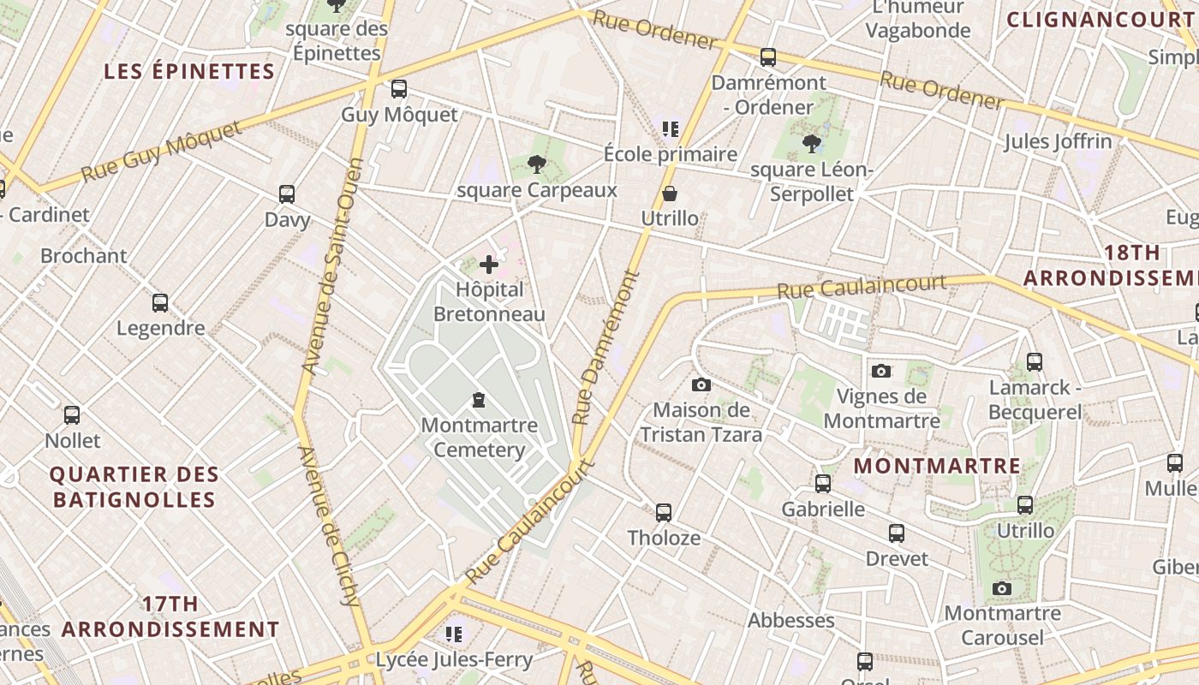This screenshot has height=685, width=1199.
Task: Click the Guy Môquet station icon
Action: [x=398, y=88]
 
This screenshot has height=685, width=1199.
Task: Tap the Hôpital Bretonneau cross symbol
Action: [x=489, y=265]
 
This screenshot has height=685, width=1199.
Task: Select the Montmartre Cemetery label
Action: [x=480, y=438]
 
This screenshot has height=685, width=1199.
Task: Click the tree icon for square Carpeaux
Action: [x=537, y=164]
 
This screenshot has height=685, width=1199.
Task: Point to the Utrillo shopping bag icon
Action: [x=670, y=194]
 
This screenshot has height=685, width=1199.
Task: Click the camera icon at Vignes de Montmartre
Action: [x=881, y=371]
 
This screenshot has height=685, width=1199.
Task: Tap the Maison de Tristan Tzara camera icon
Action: [x=701, y=384]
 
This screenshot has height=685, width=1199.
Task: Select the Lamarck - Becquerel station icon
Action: [x=1035, y=361]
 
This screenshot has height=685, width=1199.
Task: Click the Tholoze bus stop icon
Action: [x=664, y=513]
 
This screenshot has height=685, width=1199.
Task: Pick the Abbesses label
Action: [x=790, y=620]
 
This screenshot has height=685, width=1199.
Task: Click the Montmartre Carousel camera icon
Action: [x=1002, y=588]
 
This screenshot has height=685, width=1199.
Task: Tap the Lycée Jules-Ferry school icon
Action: [x=454, y=634]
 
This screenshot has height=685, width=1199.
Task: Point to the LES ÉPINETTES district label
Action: [x=189, y=71]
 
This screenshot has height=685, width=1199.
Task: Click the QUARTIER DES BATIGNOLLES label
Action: [x=134, y=487]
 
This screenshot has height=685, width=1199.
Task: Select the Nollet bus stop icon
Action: [x=72, y=415]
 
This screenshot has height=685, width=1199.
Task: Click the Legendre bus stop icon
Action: [x=160, y=302]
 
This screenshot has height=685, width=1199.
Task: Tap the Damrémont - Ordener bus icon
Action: [x=768, y=57]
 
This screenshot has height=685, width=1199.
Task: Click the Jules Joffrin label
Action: [x=1058, y=141]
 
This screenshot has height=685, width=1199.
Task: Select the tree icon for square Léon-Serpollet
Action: [x=812, y=144]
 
